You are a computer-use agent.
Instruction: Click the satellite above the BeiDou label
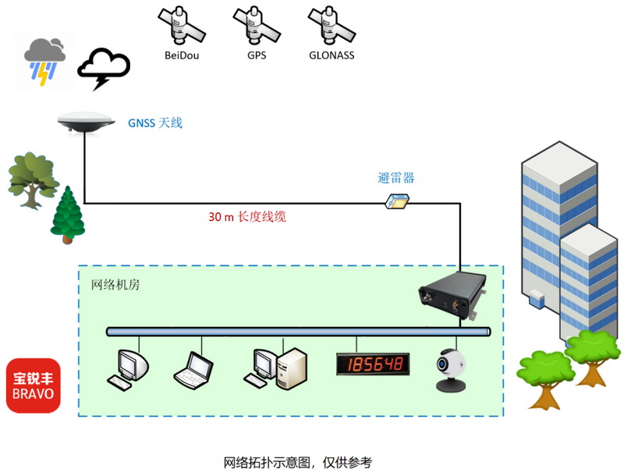click(181, 25)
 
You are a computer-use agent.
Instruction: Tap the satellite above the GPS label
click(257, 25)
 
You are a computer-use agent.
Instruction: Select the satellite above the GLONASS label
click(331, 25)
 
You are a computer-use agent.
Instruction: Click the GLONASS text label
click(331, 55)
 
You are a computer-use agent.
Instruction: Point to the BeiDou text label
click(181, 55)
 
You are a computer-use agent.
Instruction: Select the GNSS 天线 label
click(155, 123)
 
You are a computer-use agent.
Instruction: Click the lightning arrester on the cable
click(398, 201)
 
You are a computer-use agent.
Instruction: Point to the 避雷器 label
click(395, 178)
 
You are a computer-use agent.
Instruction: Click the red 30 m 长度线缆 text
click(247, 217)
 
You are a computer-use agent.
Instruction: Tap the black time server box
click(450, 297)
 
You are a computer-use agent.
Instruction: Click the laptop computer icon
click(192, 369)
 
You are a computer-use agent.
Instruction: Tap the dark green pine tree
click(68, 215)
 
